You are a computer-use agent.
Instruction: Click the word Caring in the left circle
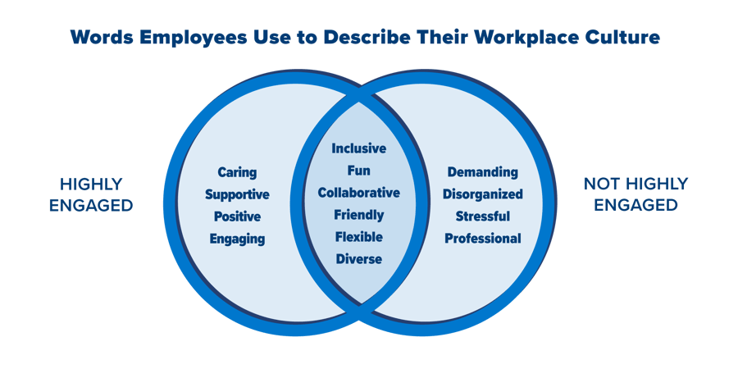237,172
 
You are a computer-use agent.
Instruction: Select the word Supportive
237,194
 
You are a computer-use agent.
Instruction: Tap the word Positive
237,216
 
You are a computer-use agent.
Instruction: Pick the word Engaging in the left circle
237,239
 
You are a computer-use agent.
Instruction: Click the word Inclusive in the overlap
359,148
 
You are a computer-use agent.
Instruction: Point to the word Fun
359,171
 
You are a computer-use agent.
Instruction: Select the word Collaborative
359,193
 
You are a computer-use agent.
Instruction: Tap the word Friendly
359,215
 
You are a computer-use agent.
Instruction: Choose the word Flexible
359,237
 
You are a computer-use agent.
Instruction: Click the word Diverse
359,259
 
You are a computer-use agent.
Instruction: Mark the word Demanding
482,172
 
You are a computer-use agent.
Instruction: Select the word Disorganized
482,194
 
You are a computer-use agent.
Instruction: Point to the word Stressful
482,216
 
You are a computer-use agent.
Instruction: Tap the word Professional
482,239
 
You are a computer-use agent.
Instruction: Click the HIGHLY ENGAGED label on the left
90,194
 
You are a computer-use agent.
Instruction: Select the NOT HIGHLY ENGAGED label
635,194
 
